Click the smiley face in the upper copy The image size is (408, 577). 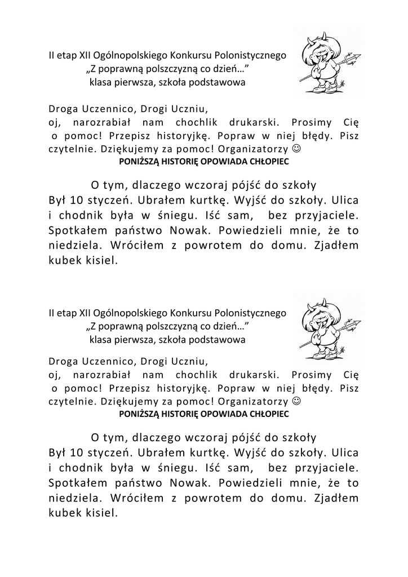pos(298,150)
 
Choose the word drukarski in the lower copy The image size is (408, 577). pos(251,375)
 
